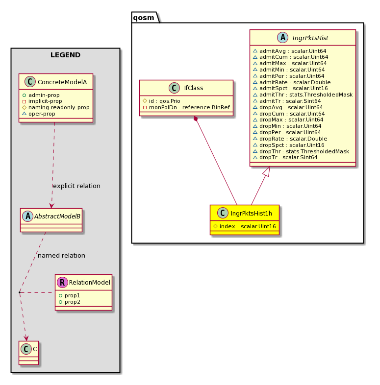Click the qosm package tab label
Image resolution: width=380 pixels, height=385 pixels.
pyautogui.click(x=144, y=18)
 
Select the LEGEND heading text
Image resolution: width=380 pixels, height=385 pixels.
pyautogui.click(x=65, y=55)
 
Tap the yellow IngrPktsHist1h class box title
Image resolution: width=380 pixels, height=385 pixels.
pyautogui.click(x=251, y=213)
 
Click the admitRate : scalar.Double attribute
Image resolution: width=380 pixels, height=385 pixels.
pyautogui.click(x=295, y=82)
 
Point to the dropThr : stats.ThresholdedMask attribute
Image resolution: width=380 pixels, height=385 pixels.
pyautogui.click(x=304, y=151)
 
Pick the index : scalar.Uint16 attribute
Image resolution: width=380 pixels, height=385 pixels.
pyautogui.click(x=248, y=226)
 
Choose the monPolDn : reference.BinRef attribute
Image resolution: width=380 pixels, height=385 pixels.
pyautogui.click(x=189, y=107)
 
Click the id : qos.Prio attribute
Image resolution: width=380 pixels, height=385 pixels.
pyautogui.click(x=164, y=101)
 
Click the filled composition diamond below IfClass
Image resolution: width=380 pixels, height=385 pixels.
pyautogui.click(x=196, y=119)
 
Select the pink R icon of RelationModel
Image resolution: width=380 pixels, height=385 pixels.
pyautogui.click(x=62, y=282)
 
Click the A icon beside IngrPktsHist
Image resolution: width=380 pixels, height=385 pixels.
pyautogui.click(x=282, y=38)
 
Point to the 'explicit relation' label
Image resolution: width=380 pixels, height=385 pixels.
pyautogui.click(x=76, y=186)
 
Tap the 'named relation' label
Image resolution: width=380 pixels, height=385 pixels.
pyautogui.click(x=61, y=255)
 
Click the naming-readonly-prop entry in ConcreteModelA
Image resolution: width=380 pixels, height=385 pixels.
pyautogui.click(x=59, y=107)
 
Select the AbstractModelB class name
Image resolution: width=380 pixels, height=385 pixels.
pyautogui.click(x=57, y=216)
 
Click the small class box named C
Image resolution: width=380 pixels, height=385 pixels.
pyautogui.click(x=29, y=353)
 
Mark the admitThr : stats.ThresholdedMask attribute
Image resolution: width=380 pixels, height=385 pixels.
pyautogui.click(x=306, y=95)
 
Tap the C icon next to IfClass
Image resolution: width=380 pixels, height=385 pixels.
pyautogui.click(x=174, y=88)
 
